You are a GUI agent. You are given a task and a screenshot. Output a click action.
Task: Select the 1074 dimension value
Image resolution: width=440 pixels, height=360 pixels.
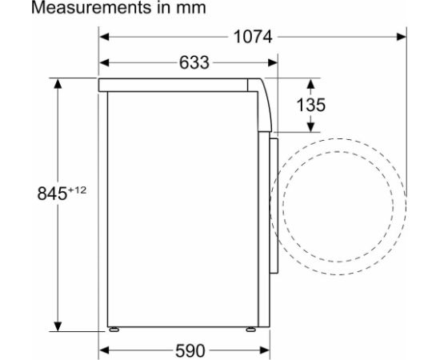point(252,37)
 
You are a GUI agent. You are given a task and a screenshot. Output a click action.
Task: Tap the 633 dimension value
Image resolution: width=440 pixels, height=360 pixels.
point(188,62)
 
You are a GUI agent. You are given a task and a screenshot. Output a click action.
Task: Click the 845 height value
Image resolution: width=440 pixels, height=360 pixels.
point(52,194)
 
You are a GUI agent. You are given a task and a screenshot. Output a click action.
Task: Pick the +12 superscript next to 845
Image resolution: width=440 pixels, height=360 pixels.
point(77,189)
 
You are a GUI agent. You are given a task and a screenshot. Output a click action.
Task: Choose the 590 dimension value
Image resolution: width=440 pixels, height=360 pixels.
point(188,350)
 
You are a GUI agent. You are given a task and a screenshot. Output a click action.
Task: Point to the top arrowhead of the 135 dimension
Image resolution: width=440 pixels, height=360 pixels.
point(311,82)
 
